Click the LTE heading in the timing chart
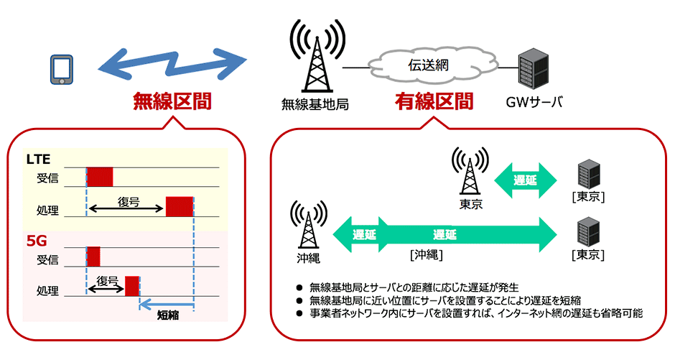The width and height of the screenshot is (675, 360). (38, 158)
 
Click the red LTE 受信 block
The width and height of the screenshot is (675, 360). (100, 177)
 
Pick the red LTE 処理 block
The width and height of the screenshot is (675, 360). (180, 206)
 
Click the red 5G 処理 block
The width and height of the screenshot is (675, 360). (131, 285)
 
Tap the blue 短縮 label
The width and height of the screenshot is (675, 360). (167, 314)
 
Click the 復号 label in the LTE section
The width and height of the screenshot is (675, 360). (128, 200)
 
